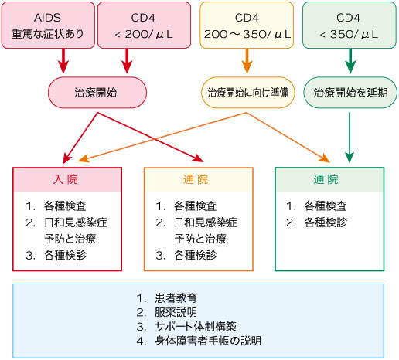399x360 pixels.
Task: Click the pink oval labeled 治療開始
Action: pos(97,91)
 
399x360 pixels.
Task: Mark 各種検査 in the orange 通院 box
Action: pos(195,206)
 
